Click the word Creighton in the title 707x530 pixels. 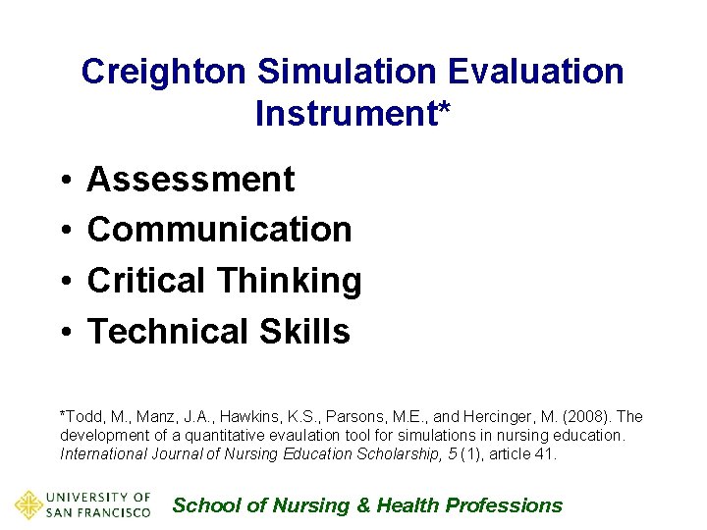pyautogui.click(x=165, y=72)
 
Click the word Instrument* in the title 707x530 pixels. pyautogui.click(x=353, y=114)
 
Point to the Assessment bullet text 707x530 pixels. pyautogui.click(x=190, y=180)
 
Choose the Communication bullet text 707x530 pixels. pyautogui.click(x=219, y=230)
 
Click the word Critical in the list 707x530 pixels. pyautogui.click(x=148, y=281)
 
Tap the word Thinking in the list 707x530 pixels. pyautogui.click(x=290, y=282)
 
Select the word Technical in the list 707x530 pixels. pyautogui.click(x=169, y=332)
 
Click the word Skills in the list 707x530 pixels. pyautogui.click(x=304, y=332)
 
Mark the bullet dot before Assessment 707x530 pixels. pyautogui.click(x=62, y=181)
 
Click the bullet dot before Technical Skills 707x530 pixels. pyautogui.click(x=62, y=333)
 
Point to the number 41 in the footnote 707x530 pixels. pyautogui.click(x=546, y=453)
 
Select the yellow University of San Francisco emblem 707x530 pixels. pyautogui.click(x=28, y=504)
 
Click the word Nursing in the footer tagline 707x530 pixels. pyautogui.click(x=310, y=505)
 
